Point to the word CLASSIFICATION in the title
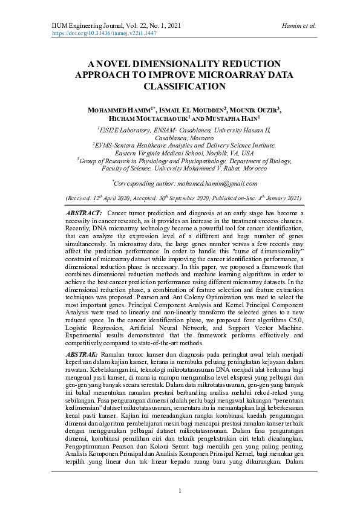pos(180,86)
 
